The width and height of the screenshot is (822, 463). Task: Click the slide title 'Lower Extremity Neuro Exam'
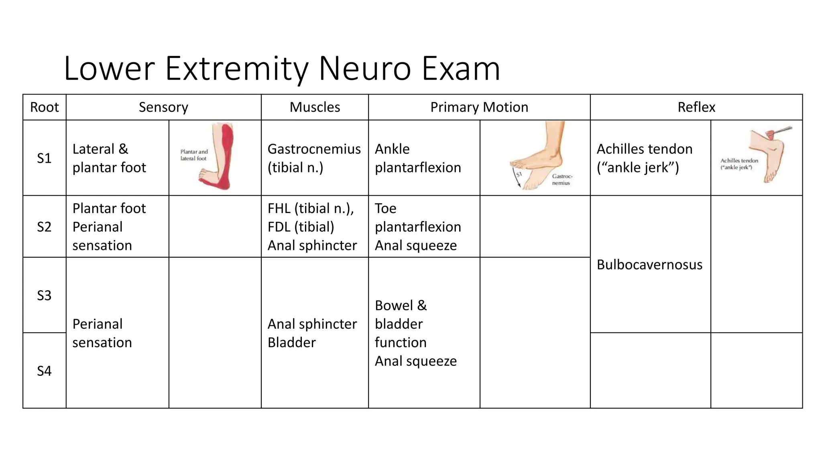pos(282,68)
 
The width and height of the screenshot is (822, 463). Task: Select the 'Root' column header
pos(44,107)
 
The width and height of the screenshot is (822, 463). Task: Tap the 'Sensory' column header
pos(163,107)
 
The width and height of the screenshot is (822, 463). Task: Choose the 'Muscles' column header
pos(315,107)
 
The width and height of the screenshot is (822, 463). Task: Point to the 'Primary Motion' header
pos(479,107)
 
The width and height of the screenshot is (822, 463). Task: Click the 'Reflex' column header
pos(696,107)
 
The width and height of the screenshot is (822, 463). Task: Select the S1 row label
pos(44,158)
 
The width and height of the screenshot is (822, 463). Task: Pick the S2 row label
pos(44,227)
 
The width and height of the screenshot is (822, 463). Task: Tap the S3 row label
pos(44,296)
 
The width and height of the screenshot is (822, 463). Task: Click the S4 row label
pos(44,371)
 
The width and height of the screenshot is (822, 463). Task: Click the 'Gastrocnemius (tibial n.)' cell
pos(314,158)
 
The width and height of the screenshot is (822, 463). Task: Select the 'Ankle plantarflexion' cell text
pos(417,158)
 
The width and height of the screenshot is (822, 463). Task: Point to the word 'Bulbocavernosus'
pos(649,265)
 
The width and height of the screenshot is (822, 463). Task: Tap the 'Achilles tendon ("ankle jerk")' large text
pos(644,158)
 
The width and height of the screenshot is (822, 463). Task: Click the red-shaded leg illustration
pos(219,157)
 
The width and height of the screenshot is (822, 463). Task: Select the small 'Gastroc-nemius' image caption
pos(562,180)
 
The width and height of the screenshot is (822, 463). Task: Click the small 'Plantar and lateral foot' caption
pos(194,155)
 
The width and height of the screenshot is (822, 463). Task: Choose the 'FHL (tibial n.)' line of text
pos(311,209)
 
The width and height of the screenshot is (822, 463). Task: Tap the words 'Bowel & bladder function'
pos(401,324)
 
